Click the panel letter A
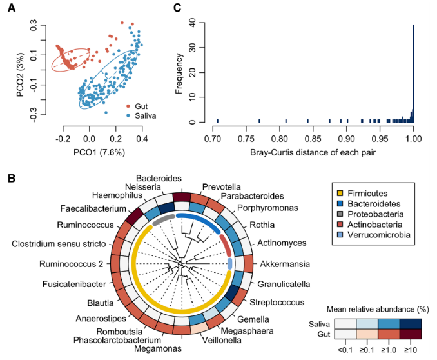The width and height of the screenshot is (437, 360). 11,9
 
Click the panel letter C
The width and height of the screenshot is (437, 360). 179,9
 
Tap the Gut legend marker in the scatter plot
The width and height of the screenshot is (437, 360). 128,105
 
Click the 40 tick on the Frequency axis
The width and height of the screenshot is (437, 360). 191,21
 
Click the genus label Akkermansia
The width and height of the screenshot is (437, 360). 285,264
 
